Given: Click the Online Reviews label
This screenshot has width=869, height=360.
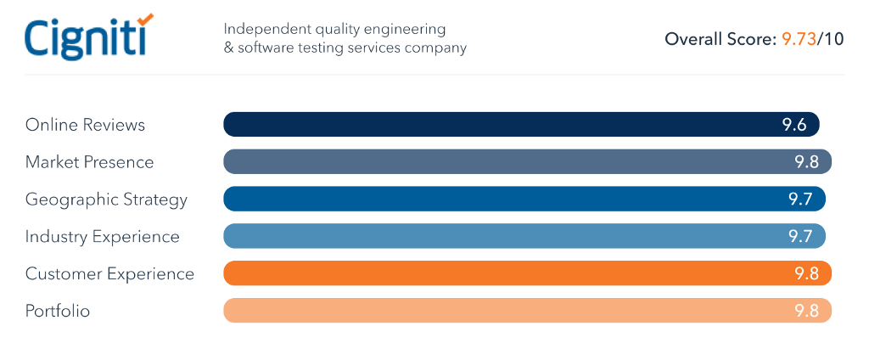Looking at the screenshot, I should click(x=85, y=125).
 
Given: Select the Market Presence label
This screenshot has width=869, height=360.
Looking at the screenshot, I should click(x=89, y=162).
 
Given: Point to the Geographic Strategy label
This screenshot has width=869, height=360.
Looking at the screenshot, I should click(x=106, y=200).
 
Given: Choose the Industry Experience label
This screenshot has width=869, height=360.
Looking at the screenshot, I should click(x=102, y=237).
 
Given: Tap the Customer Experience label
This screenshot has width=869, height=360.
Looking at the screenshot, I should click(x=109, y=274).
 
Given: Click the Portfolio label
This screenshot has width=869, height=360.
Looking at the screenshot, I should click(x=58, y=312).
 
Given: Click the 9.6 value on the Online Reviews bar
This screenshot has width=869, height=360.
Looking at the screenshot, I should click(x=793, y=125).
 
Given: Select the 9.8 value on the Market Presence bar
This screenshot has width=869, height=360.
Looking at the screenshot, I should click(x=806, y=162).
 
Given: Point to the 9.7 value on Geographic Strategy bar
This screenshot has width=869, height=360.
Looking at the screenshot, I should click(x=800, y=200).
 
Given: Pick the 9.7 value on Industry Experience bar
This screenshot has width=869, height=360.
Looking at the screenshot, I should click(x=800, y=237).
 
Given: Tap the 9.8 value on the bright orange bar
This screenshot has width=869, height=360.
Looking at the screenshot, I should click(x=806, y=274).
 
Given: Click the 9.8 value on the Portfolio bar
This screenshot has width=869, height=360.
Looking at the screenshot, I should click(x=806, y=312).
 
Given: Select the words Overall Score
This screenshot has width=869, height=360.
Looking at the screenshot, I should click(x=719, y=39).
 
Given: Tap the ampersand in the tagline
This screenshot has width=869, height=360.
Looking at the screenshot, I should click(x=228, y=48).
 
